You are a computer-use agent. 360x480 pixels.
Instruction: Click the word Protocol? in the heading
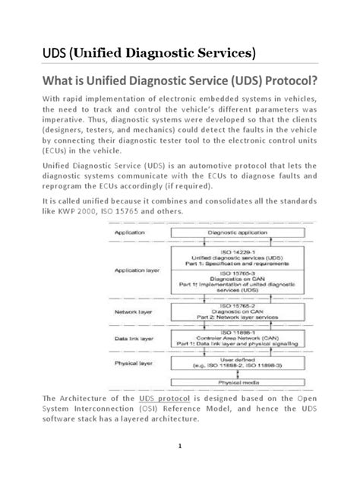(292, 82)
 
